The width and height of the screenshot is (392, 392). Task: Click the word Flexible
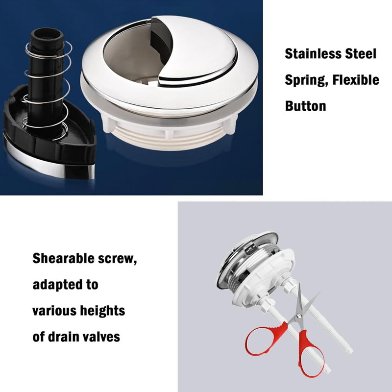[x=356, y=79]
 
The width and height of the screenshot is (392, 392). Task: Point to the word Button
[x=305, y=105]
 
